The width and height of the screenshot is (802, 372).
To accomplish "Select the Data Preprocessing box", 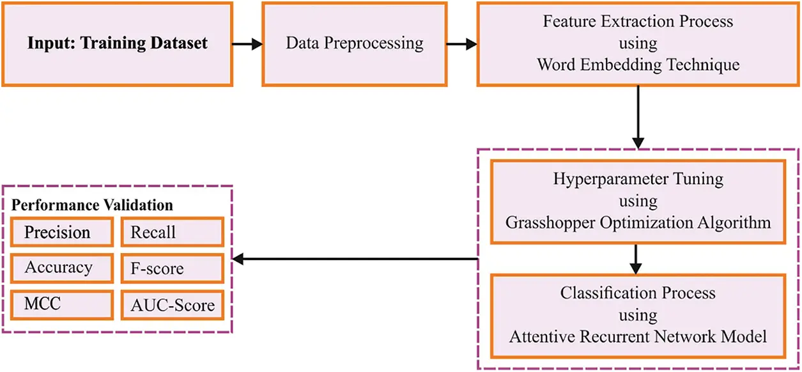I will [x=354, y=44].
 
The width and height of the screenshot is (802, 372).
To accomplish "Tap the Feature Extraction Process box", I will [x=638, y=44].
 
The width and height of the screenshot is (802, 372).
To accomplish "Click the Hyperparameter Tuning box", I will [x=638, y=201].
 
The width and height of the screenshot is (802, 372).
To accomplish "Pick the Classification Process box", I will [x=638, y=315].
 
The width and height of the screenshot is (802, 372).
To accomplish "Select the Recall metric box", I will [x=172, y=232].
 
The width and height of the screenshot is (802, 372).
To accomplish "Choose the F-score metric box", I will [x=172, y=268].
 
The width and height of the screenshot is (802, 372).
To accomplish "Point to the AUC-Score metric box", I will [x=172, y=305].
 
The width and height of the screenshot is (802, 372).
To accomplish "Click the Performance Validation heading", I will [x=93, y=206].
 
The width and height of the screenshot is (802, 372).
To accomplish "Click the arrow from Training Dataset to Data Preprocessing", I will [x=247, y=45].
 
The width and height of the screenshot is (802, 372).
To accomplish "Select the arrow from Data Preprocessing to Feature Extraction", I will [x=461, y=45].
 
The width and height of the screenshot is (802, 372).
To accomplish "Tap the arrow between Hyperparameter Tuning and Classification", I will [x=635, y=258].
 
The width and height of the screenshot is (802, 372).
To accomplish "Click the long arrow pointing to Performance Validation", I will [x=355, y=260].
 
